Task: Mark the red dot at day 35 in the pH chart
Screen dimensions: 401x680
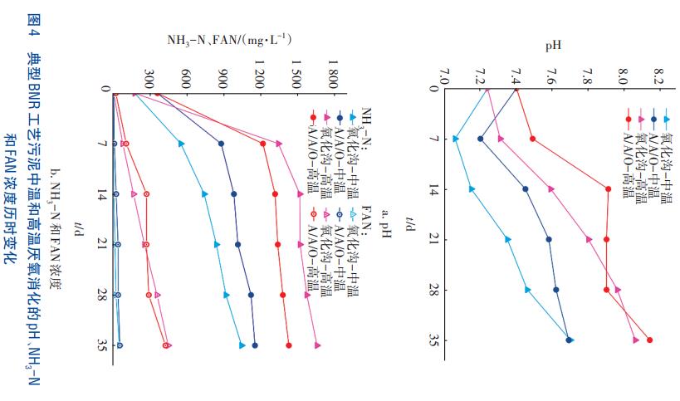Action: tap(649, 340)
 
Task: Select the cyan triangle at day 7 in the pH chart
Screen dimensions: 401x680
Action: tap(455, 139)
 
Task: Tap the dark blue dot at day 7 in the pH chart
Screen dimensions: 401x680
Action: tap(481, 139)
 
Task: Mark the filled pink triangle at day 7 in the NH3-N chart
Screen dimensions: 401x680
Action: tap(278, 144)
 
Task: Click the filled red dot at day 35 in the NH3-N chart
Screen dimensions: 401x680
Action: tap(289, 345)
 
